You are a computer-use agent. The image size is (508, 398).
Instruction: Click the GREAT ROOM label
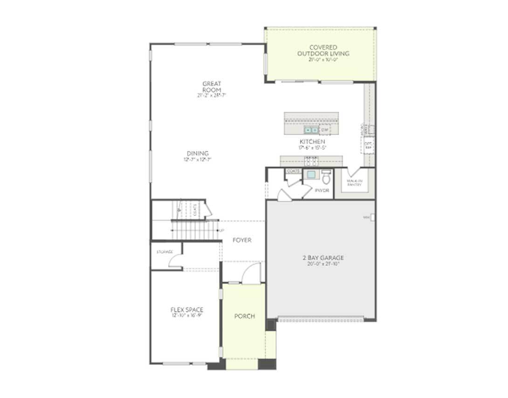click(x=212, y=87)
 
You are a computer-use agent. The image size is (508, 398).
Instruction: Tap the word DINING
click(x=198, y=154)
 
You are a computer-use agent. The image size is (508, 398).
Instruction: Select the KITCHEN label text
click(x=312, y=142)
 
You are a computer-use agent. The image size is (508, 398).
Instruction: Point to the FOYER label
click(x=242, y=240)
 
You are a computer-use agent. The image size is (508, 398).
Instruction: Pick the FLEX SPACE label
click(x=187, y=310)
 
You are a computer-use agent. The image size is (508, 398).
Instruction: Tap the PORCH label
click(x=245, y=316)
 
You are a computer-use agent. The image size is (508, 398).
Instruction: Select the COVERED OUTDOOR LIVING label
click(x=323, y=50)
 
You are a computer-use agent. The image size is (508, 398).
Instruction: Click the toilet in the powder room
click(x=326, y=177)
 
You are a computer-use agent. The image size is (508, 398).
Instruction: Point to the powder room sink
click(x=311, y=175)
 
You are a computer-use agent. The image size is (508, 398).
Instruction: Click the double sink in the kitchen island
click(x=311, y=130)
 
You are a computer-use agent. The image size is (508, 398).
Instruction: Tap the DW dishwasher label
click(x=324, y=130)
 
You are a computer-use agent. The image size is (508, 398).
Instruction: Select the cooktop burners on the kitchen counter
click(x=311, y=162)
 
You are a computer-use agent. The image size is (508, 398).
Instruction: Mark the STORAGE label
click(x=165, y=252)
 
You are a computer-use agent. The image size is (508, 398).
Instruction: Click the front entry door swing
click(x=252, y=274)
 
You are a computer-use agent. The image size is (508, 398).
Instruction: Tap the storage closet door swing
click(x=176, y=262)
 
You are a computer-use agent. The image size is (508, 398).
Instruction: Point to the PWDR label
click(x=322, y=191)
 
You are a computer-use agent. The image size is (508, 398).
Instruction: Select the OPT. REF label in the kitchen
click(x=368, y=145)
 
